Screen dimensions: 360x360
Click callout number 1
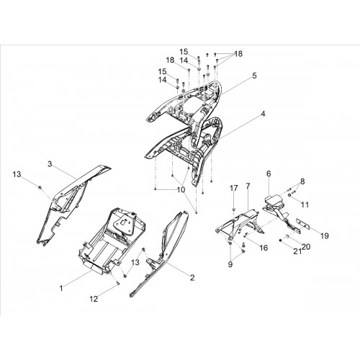[61, 288]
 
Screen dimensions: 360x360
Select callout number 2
[192, 278]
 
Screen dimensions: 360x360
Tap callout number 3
[50, 164]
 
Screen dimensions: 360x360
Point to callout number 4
[263, 114]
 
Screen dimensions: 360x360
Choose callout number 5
[254, 76]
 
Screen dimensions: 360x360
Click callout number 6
[269, 174]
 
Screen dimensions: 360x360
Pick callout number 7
[248, 186]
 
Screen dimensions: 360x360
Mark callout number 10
[181, 189]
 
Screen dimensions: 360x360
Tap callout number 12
[94, 299]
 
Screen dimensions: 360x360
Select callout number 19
[325, 235]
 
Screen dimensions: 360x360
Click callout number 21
[297, 251]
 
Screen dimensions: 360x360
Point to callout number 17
[234, 189]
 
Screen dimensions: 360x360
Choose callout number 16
[264, 248]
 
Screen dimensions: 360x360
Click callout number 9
[230, 264]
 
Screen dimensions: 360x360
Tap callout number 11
[305, 204]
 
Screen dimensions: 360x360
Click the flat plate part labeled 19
[303, 226]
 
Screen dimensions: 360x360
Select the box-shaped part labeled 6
[274, 200]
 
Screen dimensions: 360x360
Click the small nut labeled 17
[233, 210]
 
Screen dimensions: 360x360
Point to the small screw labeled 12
[118, 284]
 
